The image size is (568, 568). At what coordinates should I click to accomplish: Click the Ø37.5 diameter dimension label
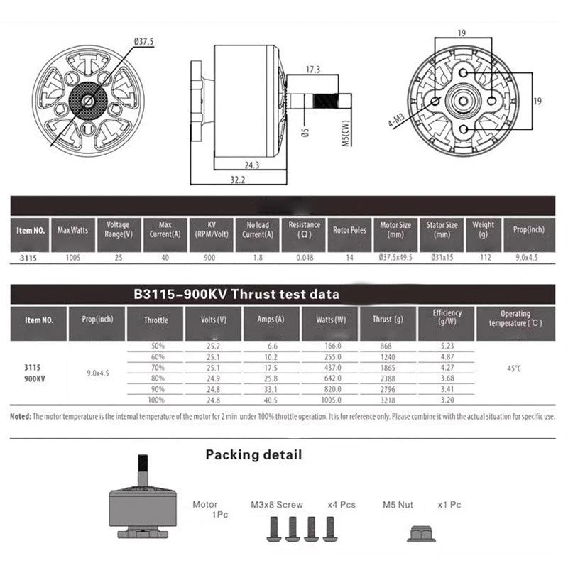click(144, 41)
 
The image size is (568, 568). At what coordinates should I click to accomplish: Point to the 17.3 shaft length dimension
click(313, 69)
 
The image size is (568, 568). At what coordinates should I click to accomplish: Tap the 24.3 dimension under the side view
click(252, 165)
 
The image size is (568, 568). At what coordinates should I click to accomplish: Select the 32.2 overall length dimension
click(238, 180)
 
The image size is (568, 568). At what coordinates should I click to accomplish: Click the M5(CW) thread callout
click(346, 133)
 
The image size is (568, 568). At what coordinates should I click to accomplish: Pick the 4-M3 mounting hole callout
click(396, 120)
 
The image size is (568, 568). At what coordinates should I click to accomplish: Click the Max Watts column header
click(73, 230)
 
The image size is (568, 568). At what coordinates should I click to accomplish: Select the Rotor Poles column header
click(349, 230)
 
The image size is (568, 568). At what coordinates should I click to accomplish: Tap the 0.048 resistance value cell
click(305, 258)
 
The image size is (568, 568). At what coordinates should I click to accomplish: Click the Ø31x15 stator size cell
click(442, 258)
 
